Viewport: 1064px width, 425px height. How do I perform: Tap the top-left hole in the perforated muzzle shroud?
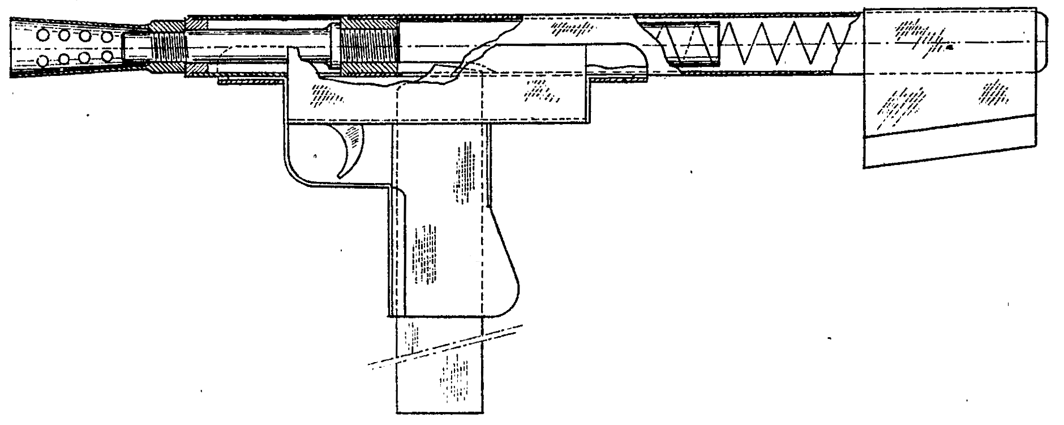[x=43, y=36]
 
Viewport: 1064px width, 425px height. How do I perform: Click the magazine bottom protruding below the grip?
[x=440, y=385]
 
